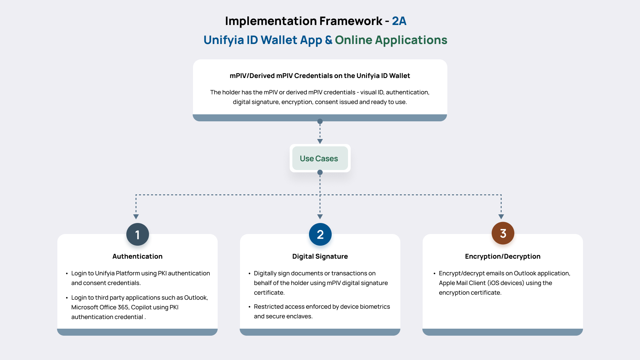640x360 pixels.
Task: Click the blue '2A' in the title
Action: pos(399,21)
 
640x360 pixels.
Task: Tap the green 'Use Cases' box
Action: pos(319,158)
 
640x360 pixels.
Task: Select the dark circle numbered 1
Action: pos(137,234)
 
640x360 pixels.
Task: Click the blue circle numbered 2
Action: pos(320,234)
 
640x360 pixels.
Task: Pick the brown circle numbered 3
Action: pos(503,233)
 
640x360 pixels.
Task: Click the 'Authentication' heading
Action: pos(137,256)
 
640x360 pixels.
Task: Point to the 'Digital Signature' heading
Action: pos(320,256)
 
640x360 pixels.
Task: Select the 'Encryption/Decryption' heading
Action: pos(503,256)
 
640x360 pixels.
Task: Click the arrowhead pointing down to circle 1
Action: pos(136,217)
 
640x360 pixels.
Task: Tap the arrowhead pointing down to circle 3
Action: pos(501,217)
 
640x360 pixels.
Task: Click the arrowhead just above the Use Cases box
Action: pos(320,141)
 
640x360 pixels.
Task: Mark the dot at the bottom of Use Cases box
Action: pos(320,172)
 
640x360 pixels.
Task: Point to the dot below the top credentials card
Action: pos(320,121)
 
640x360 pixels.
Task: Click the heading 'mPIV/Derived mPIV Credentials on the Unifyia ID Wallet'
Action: pos(320,76)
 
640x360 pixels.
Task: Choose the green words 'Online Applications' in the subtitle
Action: pos(391,40)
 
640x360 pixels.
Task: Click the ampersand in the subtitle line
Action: pos(328,40)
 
